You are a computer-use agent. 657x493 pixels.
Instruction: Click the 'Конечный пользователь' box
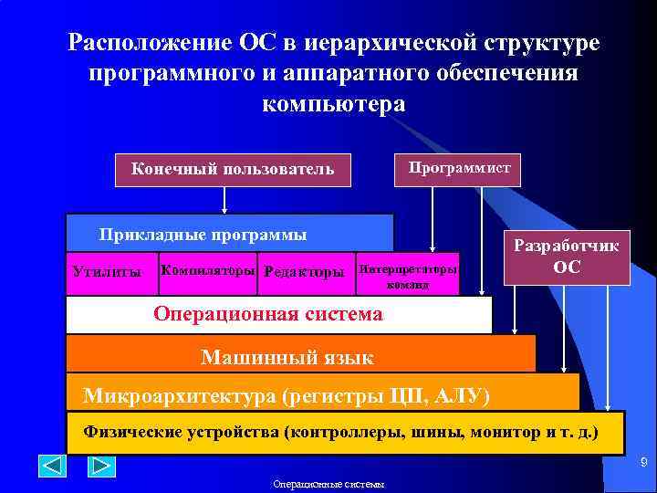(233, 169)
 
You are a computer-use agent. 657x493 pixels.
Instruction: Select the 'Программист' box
(459, 167)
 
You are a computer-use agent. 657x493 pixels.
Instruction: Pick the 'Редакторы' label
(304, 272)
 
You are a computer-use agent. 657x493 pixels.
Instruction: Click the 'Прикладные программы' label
(203, 235)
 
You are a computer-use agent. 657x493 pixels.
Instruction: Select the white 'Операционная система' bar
(278, 315)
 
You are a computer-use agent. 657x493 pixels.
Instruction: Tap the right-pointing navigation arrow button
(101, 466)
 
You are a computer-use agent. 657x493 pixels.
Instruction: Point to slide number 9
(642, 465)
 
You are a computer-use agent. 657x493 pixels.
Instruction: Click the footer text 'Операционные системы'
(328, 484)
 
